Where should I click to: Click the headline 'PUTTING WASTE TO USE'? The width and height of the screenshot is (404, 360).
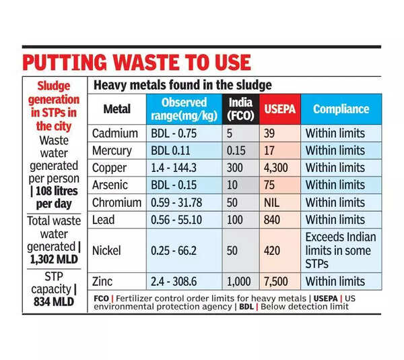pyautogui.click(x=137, y=62)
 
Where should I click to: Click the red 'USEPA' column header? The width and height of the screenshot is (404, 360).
pyautogui.click(x=278, y=109)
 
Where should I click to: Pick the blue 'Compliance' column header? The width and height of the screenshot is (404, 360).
pyautogui.click(x=341, y=109)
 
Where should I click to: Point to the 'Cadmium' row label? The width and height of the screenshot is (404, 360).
pyautogui.click(x=115, y=133)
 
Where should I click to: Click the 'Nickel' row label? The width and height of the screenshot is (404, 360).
pyautogui.click(x=108, y=250)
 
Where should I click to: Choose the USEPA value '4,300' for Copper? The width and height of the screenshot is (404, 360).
pyautogui.click(x=280, y=167)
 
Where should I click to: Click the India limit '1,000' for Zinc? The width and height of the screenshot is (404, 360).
pyautogui.click(x=242, y=281)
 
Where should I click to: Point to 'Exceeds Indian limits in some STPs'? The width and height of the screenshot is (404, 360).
pyautogui.click(x=341, y=249)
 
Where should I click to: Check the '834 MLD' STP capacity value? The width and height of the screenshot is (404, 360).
pyautogui.click(x=55, y=302)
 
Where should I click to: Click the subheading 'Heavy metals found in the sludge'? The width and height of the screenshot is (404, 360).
pyautogui.click(x=182, y=86)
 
